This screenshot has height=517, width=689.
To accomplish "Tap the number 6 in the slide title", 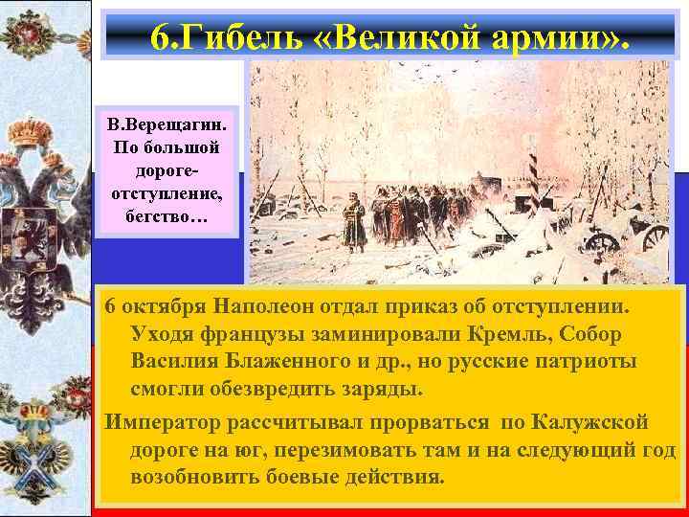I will pyautogui.click(x=160, y=35).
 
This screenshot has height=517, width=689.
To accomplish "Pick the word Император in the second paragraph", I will pyautogui.click(x=164, y=422).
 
